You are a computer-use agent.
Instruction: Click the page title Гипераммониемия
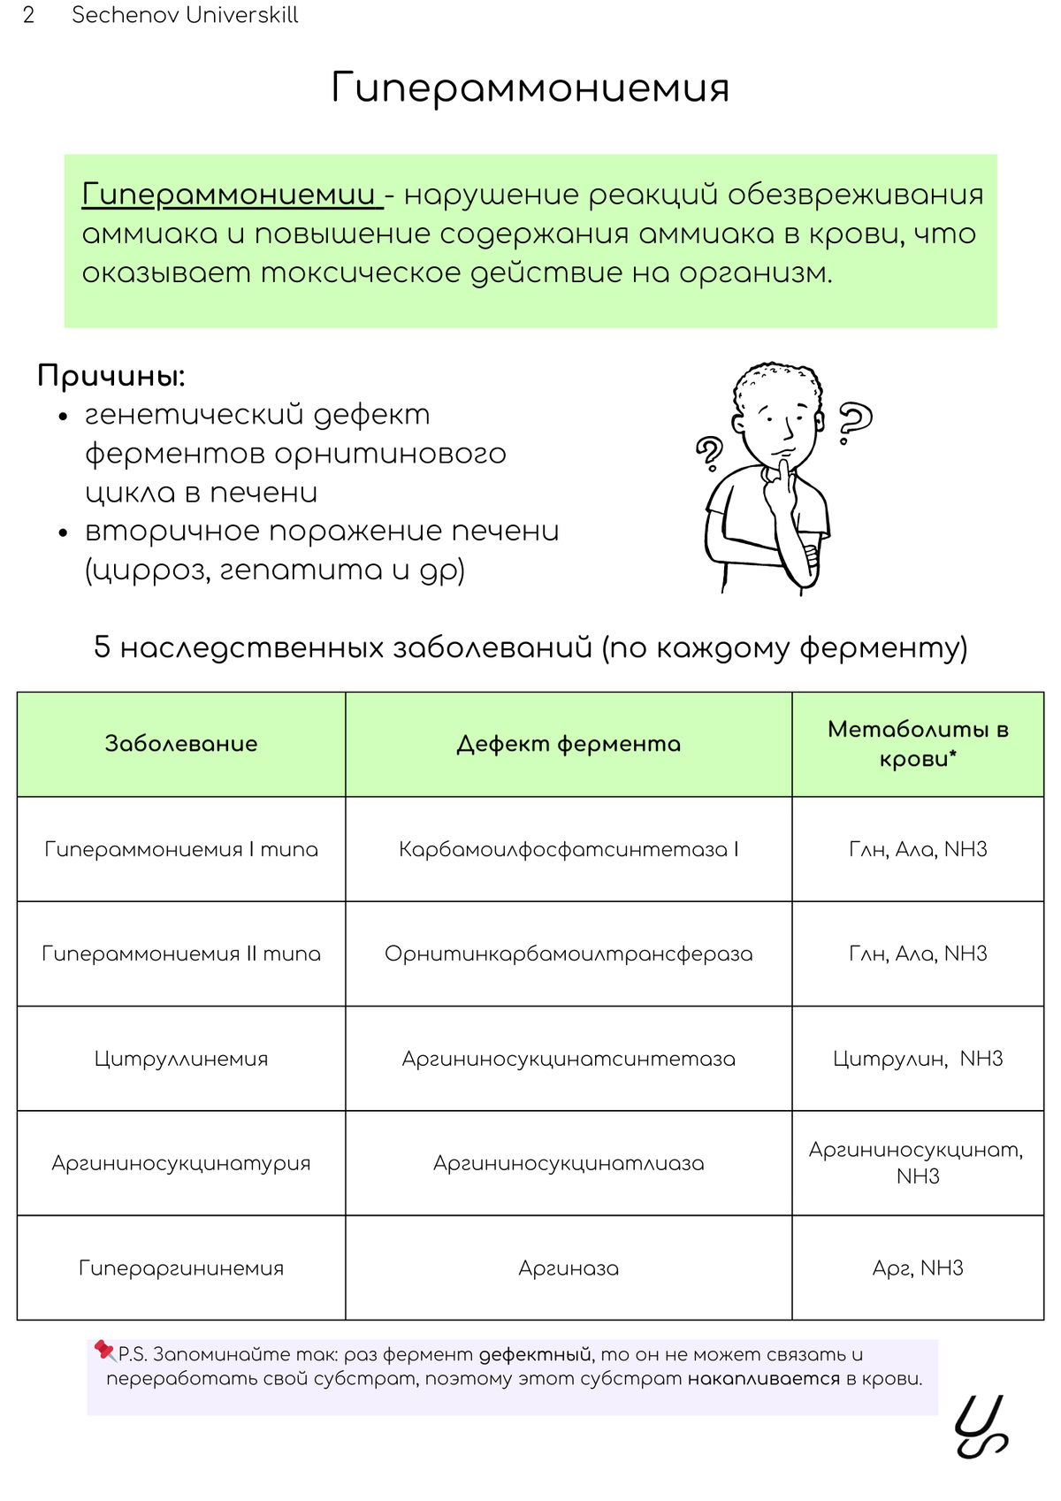point(530,88)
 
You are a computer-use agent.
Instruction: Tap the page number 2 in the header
point(28,15)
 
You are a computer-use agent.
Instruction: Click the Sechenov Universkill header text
point(185,15)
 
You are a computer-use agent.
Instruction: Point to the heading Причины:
point(111,376)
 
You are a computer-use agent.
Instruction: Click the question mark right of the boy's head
point(854,422)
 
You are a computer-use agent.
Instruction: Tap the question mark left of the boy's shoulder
point(709,453)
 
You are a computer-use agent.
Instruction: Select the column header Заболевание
point(181,744)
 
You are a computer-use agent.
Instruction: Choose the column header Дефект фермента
point(569,744)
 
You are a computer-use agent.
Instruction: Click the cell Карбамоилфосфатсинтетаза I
point(569,849)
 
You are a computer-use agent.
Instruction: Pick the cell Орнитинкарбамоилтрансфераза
point(569,953)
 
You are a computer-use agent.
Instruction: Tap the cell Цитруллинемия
point(181,1059)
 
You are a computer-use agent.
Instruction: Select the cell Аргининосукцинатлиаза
point(569,1163)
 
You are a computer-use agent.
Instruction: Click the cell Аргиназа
point(569,1268)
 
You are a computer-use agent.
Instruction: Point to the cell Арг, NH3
point(918,1268)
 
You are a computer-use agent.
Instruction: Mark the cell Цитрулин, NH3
point(918,1059)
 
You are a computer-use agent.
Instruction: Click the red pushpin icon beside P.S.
point(105,1351)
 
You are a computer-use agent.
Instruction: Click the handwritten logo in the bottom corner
point(981,1426)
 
